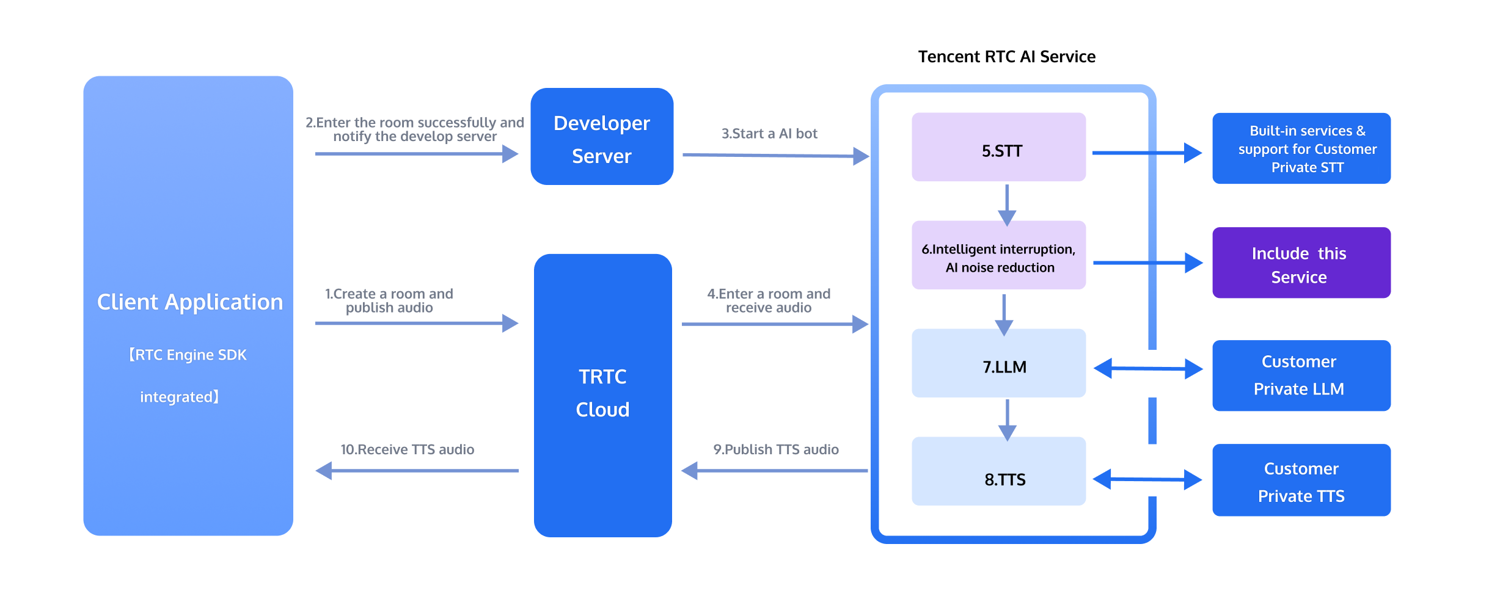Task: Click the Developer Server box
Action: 602,137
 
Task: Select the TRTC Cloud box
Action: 602,394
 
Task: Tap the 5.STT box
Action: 998,147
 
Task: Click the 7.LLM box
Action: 998,364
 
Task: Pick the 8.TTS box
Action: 998,471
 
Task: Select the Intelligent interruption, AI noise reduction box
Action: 998,255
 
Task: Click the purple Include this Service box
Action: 1301,263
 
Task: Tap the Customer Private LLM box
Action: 1301,375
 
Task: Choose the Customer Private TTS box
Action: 1301,481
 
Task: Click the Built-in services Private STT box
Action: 1301,148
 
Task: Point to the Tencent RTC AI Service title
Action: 1006,57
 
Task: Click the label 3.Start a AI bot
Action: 769,134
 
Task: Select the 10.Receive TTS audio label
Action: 407,450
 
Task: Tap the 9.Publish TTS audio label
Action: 775,450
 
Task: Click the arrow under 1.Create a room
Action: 416,323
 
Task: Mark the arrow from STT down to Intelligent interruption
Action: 1007,204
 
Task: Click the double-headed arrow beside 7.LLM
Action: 1147,369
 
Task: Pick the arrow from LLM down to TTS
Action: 1007,419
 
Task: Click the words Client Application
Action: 189,302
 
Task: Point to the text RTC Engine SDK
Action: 188,355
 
